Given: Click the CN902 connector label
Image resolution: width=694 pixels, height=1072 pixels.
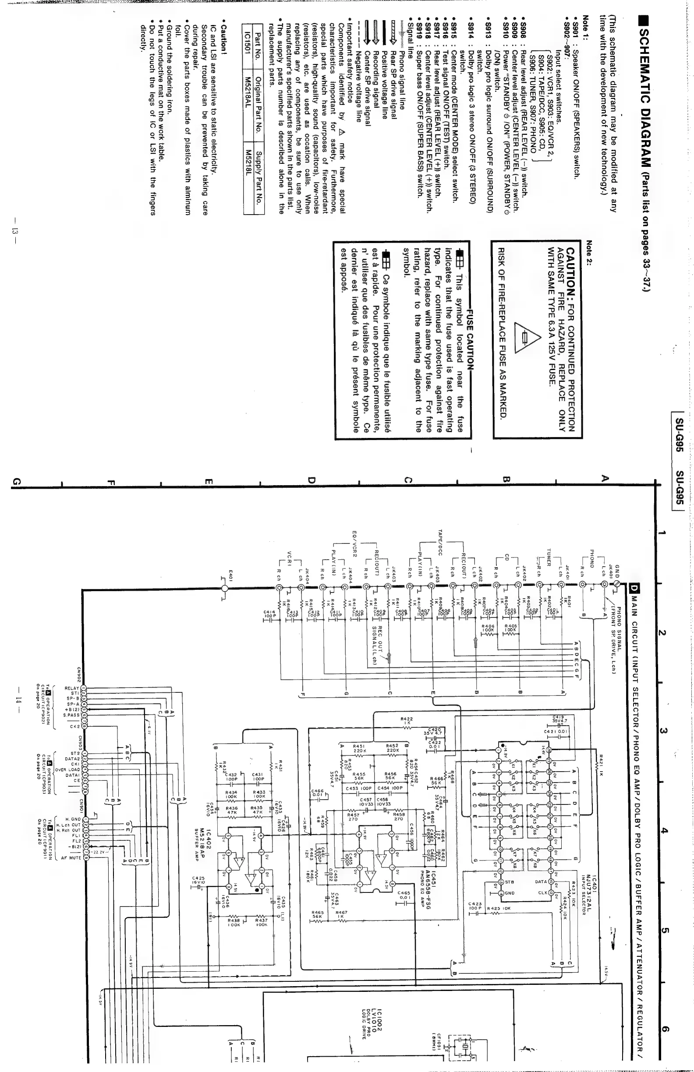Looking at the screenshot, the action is (x=79, y=673).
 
